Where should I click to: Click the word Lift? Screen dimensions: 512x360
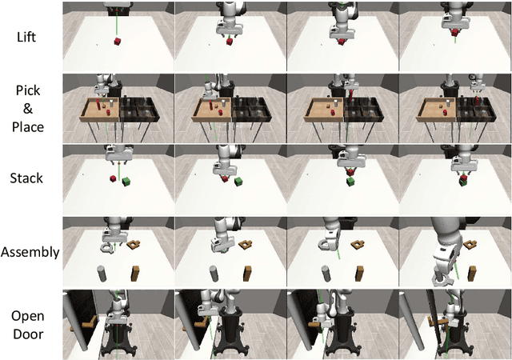pos(26,37)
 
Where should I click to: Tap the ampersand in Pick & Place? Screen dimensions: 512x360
pos(28,109)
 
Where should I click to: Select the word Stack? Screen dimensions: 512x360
pos(26,178)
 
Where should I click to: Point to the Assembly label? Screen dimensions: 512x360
pos(30,252)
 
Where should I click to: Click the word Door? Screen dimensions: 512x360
pos(28,334)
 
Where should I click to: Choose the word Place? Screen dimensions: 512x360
pos(28,126)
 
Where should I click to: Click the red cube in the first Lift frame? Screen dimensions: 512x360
pos(118,42)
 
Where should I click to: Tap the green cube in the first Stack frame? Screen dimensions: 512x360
pos(126,182)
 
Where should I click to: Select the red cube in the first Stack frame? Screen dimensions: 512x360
pos(114,178)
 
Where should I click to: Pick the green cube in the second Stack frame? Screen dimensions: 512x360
pos(238,182)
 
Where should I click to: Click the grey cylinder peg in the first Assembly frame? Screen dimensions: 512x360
pos(102,274)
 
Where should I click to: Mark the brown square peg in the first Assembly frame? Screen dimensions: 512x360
pos(135,274)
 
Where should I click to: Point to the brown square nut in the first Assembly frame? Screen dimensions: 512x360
pos(133,244)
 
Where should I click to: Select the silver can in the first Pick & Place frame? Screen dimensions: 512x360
pos(111,103)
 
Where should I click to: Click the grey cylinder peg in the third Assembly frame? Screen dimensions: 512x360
pos(326,274)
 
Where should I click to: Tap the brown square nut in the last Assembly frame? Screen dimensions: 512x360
pos(470,244)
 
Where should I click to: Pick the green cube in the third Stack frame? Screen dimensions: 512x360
pos(350,182)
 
